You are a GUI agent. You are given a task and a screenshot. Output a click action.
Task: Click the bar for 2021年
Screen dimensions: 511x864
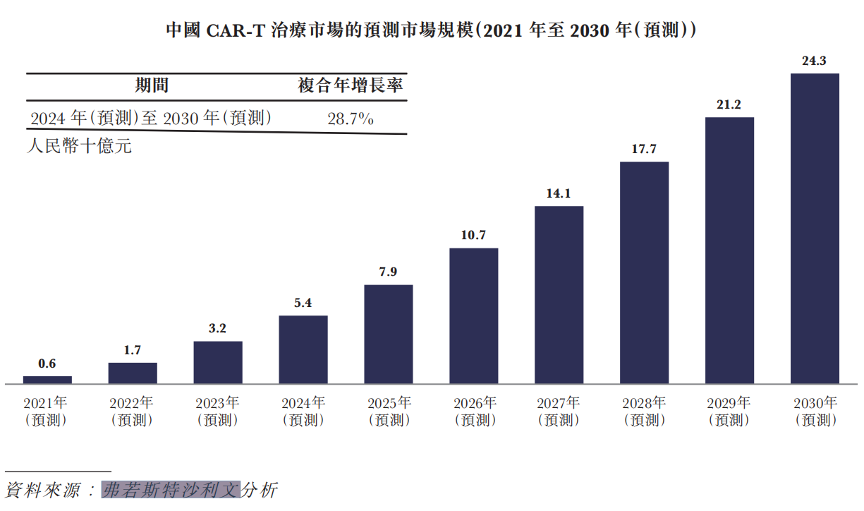(47, 380)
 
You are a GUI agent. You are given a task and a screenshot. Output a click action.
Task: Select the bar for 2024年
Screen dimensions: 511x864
(303, 349)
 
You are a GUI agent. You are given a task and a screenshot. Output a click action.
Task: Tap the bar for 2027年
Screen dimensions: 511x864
(559, 295)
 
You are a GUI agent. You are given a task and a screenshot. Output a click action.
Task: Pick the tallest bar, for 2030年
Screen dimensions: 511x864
(815, 229)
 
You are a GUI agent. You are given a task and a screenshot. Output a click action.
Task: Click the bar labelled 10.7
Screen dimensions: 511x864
(473, 315)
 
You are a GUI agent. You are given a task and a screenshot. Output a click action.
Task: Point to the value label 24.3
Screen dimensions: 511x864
(815, 61)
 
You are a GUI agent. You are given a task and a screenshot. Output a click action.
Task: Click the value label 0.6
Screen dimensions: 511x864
(47, 364)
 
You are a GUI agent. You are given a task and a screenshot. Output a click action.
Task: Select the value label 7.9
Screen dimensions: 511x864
(389, 272)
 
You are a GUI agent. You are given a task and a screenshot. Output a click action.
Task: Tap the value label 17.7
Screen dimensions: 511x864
(644, 150)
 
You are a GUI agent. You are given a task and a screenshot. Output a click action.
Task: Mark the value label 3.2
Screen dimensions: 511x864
(218, 329)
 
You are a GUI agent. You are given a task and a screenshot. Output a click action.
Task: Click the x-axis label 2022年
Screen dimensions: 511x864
(132, 404)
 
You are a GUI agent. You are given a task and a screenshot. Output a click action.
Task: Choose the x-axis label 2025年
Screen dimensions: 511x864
(389, 404)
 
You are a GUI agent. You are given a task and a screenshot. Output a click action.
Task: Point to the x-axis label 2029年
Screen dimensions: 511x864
(729, 404)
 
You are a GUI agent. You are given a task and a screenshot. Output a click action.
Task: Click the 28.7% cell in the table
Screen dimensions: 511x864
(351, 119)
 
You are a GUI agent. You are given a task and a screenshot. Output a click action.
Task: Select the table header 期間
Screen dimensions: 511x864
(152, 86)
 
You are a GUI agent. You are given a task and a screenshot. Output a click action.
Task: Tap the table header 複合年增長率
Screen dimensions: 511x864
(351, 86)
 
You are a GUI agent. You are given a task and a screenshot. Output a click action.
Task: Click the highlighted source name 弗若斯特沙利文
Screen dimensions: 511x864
(171, 489)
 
